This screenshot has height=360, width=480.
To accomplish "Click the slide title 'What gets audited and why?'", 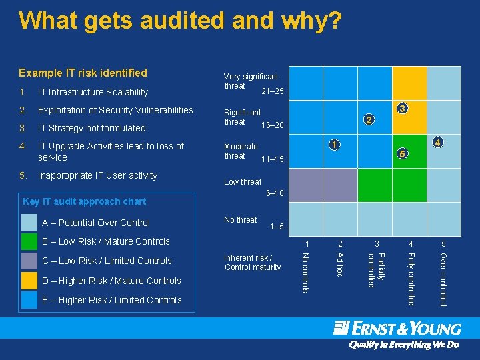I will [x=181, y=21].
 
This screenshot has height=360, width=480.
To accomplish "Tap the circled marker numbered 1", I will [x=337, y=145].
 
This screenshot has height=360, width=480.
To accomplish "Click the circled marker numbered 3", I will [x=402, y=108].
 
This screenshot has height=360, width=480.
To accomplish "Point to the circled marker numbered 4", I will [x=437, y=143].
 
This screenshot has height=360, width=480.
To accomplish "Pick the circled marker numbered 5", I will [x=401, y=155].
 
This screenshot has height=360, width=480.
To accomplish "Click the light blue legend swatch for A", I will [x=29, y=223].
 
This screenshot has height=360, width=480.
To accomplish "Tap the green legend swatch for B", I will [x=29, y=241].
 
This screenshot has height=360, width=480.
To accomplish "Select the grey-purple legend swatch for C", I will [x=29, y=261].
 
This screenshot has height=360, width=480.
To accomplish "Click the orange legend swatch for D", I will [x=29, y=281].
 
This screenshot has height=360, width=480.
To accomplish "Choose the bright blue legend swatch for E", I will [x=29, y=300].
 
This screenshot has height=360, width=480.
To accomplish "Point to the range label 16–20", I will [x=273, y=125].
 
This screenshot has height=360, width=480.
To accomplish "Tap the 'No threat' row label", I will [x=241, y=220].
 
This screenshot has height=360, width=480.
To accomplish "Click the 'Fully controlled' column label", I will [x=411, y=279].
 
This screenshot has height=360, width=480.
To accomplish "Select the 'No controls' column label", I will [x=305, y=271].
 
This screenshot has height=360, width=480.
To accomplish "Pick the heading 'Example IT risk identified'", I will [x=83, y=73].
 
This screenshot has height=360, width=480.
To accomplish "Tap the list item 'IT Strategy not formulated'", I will [x=91, y=128].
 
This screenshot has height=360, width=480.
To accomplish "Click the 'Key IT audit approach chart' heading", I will [x=84, y=201].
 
